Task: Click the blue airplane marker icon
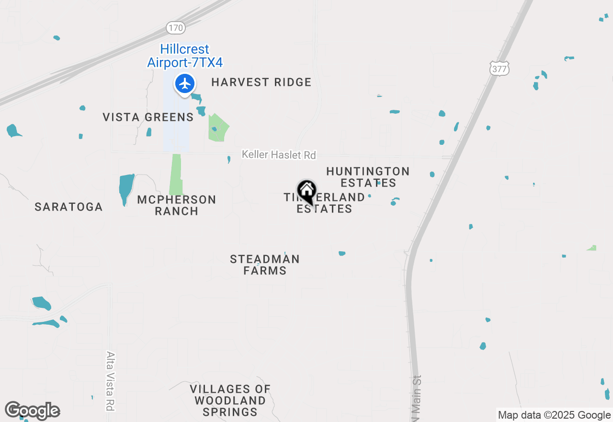(184, 83)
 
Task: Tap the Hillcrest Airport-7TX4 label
(185, 56)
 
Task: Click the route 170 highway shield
(176, 28)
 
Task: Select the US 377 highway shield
(499, 69)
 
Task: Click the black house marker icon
(307, 191)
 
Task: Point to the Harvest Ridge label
(261, 82)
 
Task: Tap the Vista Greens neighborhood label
(148, 117)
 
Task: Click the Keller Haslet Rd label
(279, 155)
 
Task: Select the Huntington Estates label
(368, 177)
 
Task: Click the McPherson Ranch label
(176, 205)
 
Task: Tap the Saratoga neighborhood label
(68, 207)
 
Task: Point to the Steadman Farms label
(264, 265)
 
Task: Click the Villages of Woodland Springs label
(230, 400)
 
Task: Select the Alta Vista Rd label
(111, 381)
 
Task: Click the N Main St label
(416, 398)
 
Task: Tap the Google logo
(32, 411)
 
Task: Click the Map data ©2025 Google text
(554, 415)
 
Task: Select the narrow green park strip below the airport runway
(176, 175)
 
